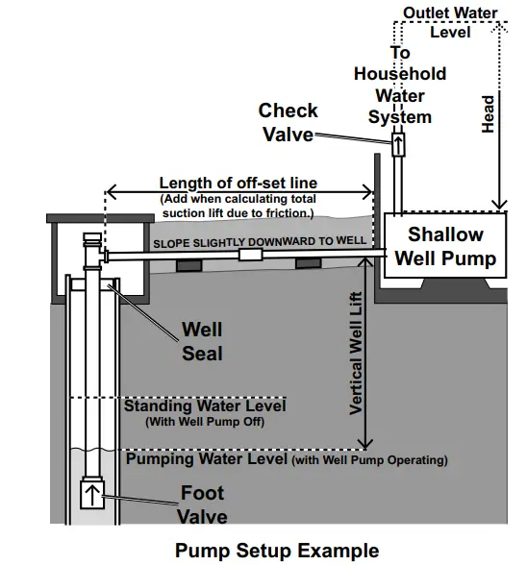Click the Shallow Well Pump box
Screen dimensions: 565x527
tap(444, 246)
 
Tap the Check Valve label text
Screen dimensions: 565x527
tap(289, 122)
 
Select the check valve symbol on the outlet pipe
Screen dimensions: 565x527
tap(398, 146)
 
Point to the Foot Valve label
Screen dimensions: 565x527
tap(202, 504)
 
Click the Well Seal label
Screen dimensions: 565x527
tap(202, 342)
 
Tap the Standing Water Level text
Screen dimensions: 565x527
tap(205, 405)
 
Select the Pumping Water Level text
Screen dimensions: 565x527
tap(208, 459)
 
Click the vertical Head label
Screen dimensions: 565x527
tap(488, 113)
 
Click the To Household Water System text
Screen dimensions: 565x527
tap(400, 85)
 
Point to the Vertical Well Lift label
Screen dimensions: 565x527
tap(356, 356)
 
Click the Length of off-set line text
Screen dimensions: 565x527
tap(238, 184)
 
